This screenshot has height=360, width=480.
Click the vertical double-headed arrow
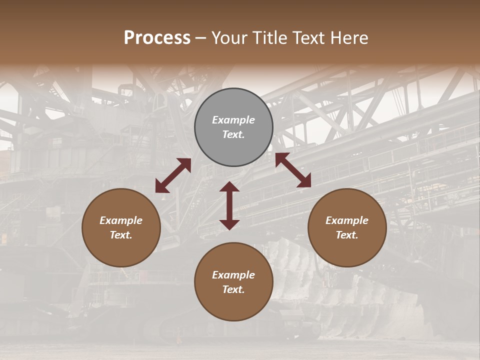pyautogui.click(x=229, y=205)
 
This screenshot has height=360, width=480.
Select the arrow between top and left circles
pyautogui.click(x=173, y=175)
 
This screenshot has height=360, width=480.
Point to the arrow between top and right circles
pyautogui.click(x=293, y=170)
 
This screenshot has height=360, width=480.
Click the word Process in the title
pyautogui.click(x=157, y=38)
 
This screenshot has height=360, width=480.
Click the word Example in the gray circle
pyautogui.click(x=233, y=120)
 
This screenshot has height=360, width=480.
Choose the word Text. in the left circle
pyautogui.click(x=121, y=235)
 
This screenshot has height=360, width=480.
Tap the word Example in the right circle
pyautogui.click(x=347, y=220)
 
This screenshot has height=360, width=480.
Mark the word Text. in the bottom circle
pyautogui.click(x=233, y=289)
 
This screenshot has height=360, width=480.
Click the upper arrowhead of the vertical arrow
pyautogui.click(x=229, y=187)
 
